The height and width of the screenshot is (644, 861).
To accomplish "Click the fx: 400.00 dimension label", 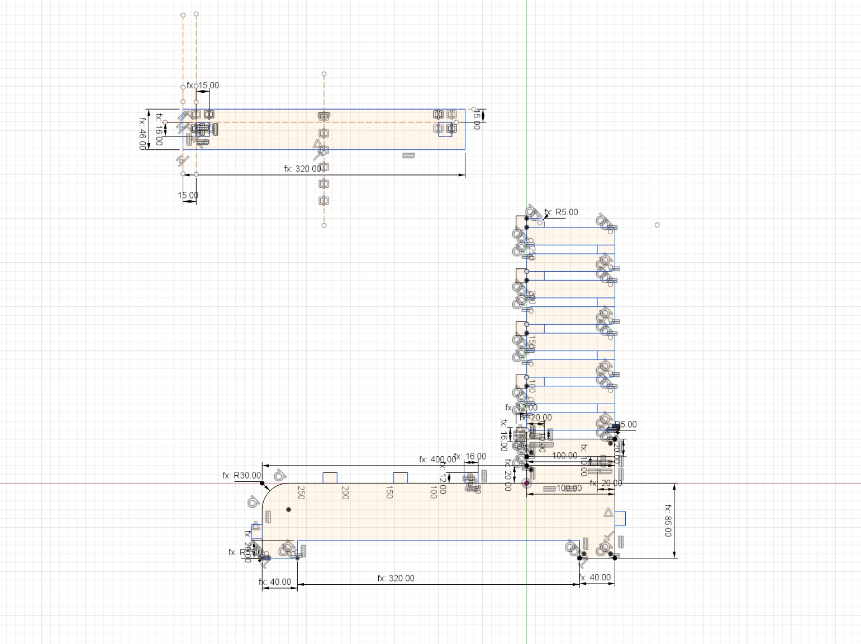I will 437,460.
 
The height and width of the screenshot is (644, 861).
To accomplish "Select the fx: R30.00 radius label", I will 241,475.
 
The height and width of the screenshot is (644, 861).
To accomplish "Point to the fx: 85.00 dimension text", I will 668,520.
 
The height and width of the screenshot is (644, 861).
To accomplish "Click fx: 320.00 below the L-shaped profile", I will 396,578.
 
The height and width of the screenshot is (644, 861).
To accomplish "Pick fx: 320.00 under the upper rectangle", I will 302,168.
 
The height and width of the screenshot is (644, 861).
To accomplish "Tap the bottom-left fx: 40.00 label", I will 275,582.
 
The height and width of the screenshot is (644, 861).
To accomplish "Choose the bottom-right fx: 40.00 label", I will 594,577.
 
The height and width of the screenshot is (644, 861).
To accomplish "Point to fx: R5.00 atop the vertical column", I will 561,212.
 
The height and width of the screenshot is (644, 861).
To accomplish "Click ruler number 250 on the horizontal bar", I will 301,493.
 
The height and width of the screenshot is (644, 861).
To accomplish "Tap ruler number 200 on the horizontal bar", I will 345,493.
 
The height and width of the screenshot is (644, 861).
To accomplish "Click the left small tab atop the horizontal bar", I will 330,477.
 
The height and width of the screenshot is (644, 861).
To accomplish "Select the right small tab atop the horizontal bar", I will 400,477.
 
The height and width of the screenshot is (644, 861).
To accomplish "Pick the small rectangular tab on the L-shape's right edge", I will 620,518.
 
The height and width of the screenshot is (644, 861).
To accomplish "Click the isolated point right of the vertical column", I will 657,225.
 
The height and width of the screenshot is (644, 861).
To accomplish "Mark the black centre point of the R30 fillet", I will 288,509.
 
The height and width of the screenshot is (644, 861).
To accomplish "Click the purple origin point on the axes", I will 526,483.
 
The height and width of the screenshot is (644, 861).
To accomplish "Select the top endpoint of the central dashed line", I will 324,74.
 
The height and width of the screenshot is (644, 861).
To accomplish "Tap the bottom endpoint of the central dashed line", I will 324,225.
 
